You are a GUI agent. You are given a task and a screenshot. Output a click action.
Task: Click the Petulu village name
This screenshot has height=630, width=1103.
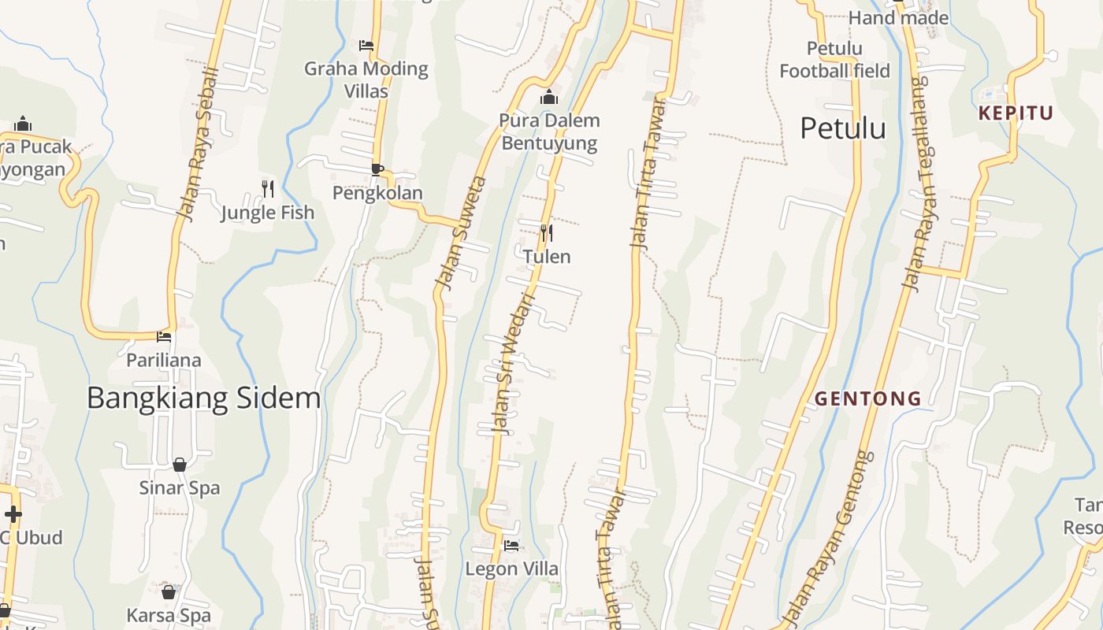(843, 128)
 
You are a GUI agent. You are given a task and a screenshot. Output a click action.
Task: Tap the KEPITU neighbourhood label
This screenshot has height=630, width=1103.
(1016, 113)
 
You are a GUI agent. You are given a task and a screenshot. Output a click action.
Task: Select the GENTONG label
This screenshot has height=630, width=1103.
(867, 398)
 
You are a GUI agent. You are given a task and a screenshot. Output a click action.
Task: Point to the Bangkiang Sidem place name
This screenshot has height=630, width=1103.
(203, 398)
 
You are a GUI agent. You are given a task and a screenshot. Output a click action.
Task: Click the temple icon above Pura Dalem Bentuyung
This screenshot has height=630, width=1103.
(549, 98)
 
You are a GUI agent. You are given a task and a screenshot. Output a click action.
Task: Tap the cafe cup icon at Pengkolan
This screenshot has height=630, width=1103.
(377, 169)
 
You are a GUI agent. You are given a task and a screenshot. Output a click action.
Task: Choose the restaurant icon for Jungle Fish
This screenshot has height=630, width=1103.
(268, 188)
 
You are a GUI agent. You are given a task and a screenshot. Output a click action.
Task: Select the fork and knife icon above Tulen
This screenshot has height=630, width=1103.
(546, 232)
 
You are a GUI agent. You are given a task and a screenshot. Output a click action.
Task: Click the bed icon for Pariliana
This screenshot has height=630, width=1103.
(164, 336)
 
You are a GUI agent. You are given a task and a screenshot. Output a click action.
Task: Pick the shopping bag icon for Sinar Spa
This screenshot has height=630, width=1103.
(180, 465)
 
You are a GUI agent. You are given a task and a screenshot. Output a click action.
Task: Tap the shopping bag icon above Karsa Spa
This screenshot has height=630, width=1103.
(169, 591)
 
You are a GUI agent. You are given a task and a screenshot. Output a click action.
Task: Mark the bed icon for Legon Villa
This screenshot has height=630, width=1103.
(511, 545)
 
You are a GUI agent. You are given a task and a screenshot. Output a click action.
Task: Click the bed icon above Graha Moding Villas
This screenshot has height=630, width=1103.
(366, 45)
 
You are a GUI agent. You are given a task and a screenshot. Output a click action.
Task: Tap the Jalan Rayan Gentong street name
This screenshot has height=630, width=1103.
(831, 535)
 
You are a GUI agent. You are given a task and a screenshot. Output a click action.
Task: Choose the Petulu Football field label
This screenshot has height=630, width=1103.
(834, 60)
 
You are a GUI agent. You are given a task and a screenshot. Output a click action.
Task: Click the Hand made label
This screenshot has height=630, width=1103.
(898, 17)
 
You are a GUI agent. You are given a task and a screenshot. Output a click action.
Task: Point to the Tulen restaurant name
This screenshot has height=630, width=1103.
(547, 257)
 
